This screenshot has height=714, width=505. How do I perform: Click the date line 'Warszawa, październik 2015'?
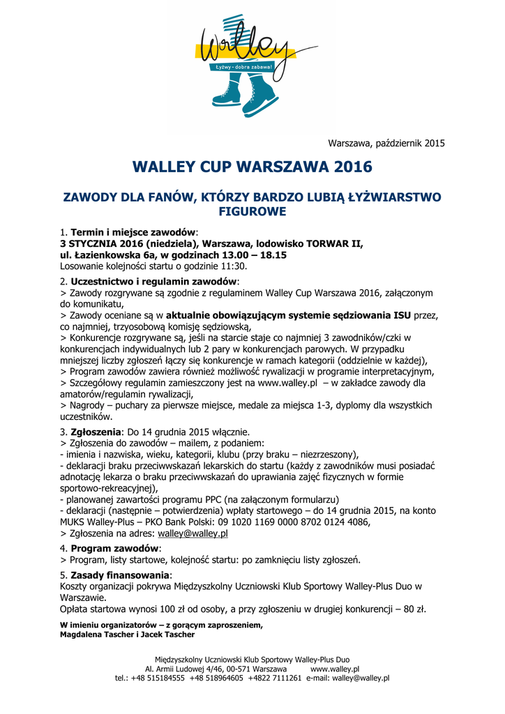pos(386,144)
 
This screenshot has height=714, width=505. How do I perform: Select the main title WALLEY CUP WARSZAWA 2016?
pos(252,167)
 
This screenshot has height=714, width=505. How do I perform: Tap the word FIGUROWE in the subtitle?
pos(252,211)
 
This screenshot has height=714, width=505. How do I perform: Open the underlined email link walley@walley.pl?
pos(193,533)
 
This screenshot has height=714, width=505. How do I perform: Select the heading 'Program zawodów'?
pos(114,548)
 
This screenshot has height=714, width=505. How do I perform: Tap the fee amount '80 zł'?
pos(412,609)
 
